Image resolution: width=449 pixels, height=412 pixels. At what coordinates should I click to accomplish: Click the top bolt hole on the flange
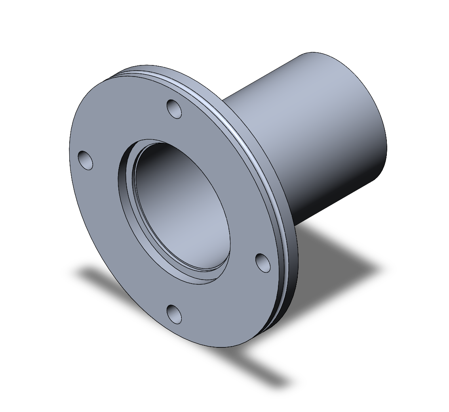[174, 109]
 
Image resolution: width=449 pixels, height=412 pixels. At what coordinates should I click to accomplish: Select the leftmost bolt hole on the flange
[86, 160]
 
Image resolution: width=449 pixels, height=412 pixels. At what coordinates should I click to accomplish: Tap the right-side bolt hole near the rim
[263, 263]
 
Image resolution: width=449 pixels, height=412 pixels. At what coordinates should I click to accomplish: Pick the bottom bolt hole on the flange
[174, 313]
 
